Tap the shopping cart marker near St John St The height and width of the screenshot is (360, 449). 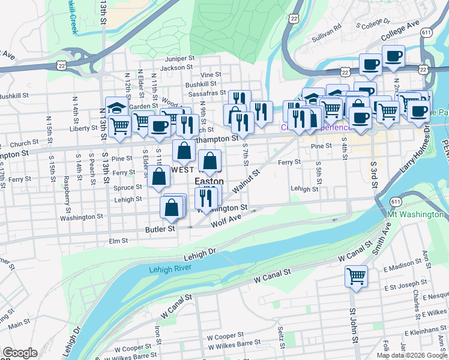pyautogui.click(x=356, y=277)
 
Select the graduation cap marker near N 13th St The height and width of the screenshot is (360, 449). pyautogui.click(x=116, y=107)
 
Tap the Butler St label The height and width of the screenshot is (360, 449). pyautogui.click(x=160, y=229)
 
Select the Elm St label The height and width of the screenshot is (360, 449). pyautogui.click(x=119, y=241)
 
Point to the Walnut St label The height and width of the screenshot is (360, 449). pyautogui.click(x=246, y=180)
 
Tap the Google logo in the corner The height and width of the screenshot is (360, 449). pyautogui.click(x=20, y=353)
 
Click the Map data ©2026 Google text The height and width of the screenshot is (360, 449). pyautogui.click(x=412, y=355)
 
